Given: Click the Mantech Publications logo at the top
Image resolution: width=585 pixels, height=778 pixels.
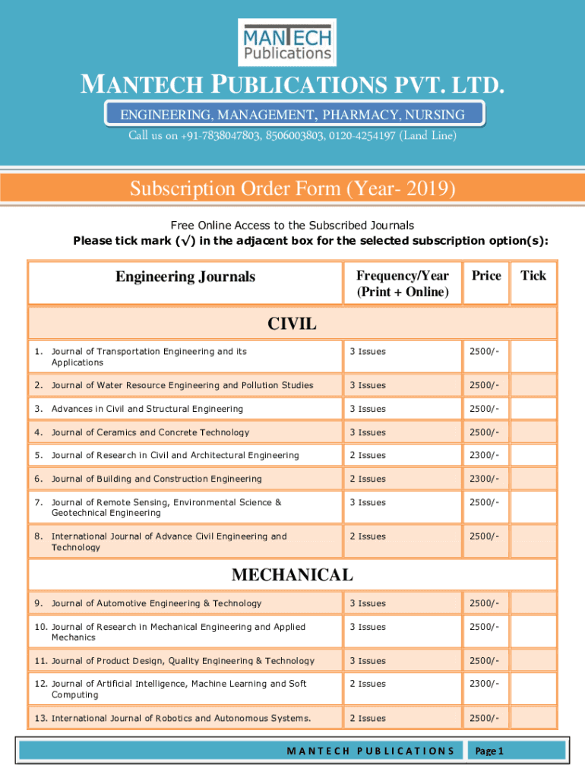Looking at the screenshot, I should tap(287, 43).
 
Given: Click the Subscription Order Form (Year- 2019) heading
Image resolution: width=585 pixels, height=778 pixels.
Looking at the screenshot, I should tap(292, 188).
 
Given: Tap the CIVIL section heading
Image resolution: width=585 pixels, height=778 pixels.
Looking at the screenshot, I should tap(292, 324).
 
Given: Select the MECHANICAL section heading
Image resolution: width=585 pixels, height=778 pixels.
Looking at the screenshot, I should tap(292, 575).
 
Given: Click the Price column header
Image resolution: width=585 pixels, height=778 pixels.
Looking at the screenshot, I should tap(486, 276).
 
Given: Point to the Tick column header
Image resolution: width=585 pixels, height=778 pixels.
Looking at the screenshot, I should tap(533, 276).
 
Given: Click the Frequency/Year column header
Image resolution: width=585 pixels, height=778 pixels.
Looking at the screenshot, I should tap(403, 283).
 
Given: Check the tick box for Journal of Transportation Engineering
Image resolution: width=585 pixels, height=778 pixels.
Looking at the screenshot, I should tap(533, 356).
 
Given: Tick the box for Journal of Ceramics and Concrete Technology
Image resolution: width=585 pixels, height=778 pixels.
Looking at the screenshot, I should tap(533, 432).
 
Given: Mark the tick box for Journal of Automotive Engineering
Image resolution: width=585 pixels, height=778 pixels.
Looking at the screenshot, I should tap(533, 603).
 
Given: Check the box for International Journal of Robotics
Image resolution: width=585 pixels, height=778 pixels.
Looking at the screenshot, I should tap(533, 718).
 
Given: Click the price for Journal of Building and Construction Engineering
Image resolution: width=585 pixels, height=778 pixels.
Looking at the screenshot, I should tap(484, 479).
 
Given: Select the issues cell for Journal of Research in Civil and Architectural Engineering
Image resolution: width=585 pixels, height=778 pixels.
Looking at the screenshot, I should tap(368, 455).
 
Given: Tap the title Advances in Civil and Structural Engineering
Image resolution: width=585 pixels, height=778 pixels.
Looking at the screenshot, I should tap(147, 409).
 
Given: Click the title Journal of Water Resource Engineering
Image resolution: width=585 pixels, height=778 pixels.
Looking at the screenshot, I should tap(182, 385).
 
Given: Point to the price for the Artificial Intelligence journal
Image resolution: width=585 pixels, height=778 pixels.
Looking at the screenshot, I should tap(484, 684).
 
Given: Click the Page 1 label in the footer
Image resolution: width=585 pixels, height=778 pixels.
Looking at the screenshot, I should tap(489, 751).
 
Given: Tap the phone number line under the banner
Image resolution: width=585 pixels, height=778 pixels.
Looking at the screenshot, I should tap(292, 136).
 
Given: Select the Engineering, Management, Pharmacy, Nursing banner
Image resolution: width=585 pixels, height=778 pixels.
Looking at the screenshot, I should tap(292, 115).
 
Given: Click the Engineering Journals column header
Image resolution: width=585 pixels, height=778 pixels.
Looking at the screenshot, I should tap(185, 277).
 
